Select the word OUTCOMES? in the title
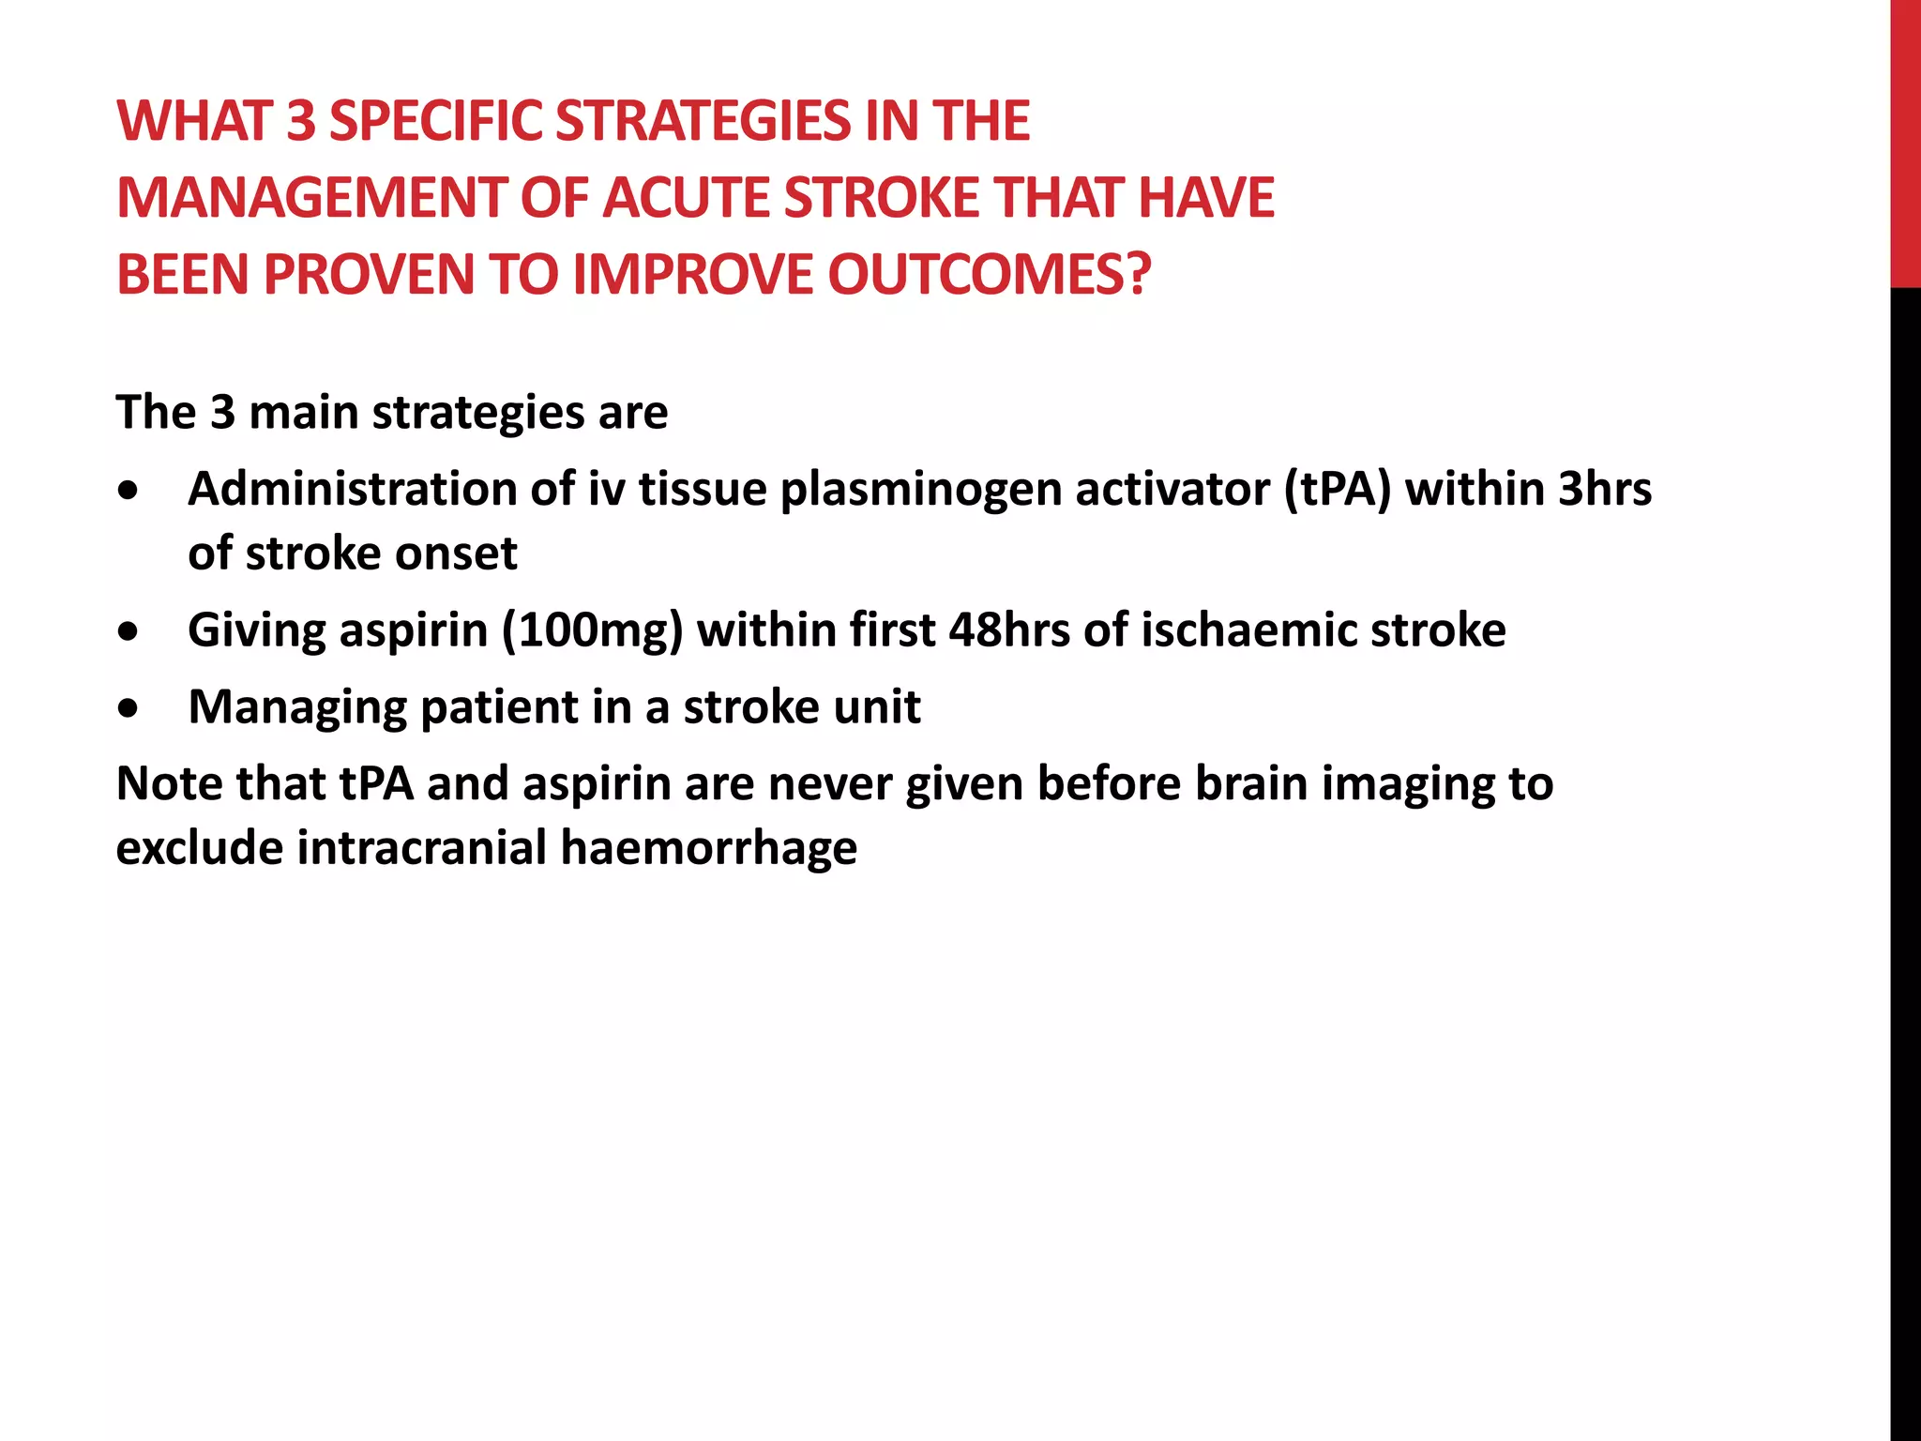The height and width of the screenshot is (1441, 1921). click(x=989, y=275)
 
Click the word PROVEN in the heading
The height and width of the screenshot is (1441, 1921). click(x=371, y=275)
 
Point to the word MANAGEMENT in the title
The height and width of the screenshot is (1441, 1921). click(x=310, y=199)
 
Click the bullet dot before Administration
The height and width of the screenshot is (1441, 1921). click(x=129, y=491)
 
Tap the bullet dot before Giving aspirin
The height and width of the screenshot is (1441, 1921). click(x=129, y=631)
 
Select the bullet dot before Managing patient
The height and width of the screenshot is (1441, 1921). click(x=129, y=708)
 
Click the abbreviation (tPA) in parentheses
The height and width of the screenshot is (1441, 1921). click(x=1338, y=490)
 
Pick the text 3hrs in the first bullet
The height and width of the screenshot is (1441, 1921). click(x=1604, y=490)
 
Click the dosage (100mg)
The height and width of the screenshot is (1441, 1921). click(x=592, y=630)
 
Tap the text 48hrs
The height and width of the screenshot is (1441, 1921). click(x=1009, y=630)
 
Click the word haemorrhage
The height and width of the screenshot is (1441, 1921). click(x=708, y=848)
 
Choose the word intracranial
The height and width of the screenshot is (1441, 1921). click(x=422, y=848)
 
